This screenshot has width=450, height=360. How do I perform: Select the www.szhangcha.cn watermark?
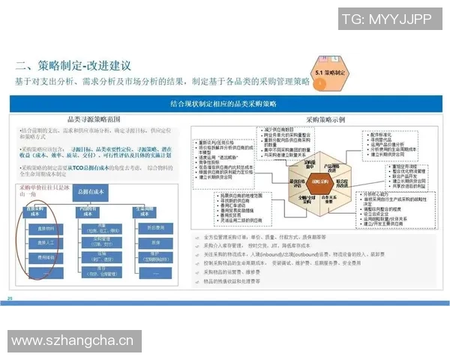(x=72, y=341)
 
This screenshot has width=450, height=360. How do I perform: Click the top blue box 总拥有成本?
(x=100, y=193)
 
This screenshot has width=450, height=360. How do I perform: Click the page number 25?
(x=10, y=299)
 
